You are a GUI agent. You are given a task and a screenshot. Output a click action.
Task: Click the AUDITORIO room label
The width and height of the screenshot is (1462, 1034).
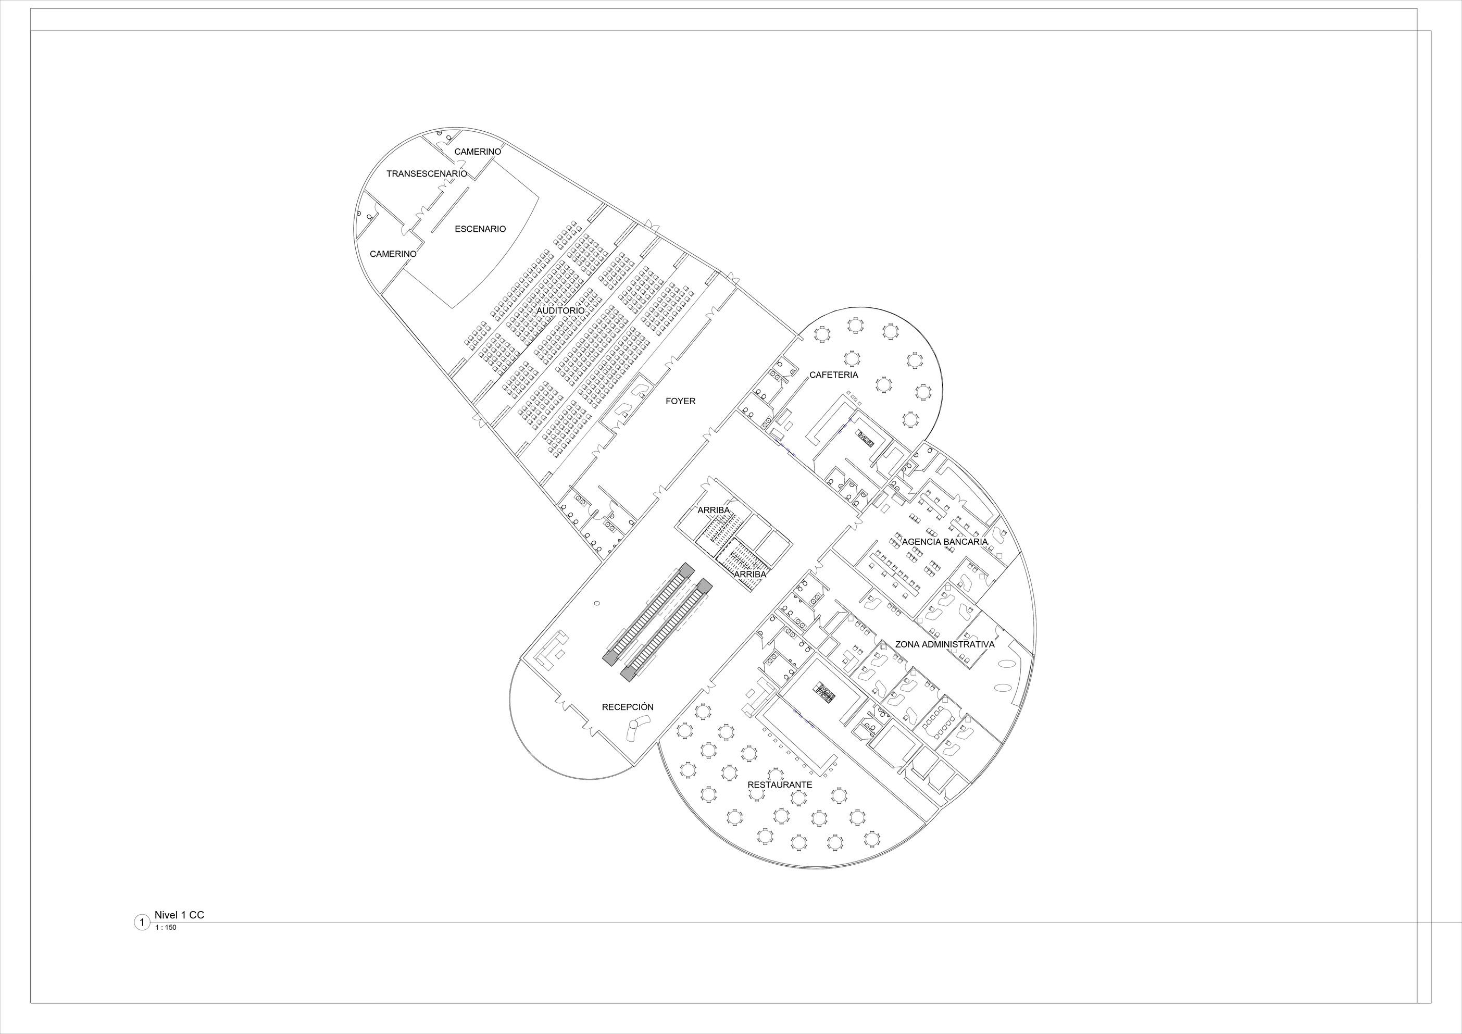click(560, 310)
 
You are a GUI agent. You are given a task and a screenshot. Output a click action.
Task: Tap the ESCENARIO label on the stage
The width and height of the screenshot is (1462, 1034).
click(480, 229)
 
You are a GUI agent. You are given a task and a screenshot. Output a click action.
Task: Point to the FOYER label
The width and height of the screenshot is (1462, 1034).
click(680, 401)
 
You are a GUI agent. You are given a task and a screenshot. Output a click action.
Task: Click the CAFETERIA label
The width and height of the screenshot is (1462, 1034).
click(833, 375)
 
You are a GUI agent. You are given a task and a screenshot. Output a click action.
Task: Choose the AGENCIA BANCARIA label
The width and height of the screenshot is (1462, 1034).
click(944, 542)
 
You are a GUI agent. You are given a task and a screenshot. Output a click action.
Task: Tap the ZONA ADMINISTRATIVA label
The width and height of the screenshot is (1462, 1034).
click(944, 644)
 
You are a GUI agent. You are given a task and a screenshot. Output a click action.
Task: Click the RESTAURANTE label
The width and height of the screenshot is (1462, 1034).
click(779, 785)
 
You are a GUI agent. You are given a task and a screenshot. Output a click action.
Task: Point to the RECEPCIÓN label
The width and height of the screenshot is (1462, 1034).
click(627, 707)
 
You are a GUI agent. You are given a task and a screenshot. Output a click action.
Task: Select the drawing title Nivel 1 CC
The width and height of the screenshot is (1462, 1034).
click(179, 915)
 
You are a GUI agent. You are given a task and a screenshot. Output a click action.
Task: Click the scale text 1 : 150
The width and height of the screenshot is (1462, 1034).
click(166, 928)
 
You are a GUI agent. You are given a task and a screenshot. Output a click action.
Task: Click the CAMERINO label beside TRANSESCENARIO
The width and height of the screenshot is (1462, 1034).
click(478, 152)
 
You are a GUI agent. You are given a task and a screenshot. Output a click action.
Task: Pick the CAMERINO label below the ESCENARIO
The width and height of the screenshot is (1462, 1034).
click(393, 254)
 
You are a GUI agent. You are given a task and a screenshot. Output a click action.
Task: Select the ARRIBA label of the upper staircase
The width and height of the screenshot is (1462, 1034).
click(713, 510)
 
